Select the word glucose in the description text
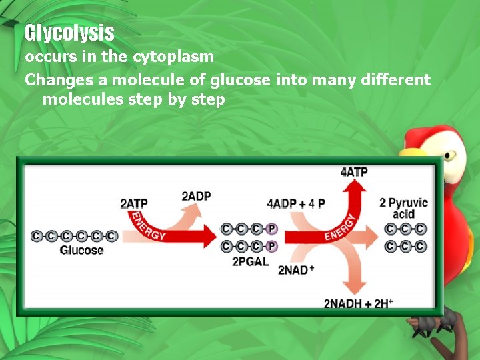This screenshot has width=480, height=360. (x=241, y=80)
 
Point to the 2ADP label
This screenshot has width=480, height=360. (x=196, y=196)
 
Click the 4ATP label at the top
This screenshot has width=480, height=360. (x=354, y=172)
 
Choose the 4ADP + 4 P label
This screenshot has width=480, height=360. (x=296, y=203)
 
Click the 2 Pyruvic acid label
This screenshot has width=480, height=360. (x=403, y=208)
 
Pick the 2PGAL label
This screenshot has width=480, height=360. (x=250, y=261)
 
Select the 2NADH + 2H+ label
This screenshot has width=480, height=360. (x=359, y=304)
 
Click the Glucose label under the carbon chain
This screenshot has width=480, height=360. (x=82, y=250)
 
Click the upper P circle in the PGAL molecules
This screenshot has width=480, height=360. (x=271, y=229)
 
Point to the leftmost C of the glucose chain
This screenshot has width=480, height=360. (x=36, y=236)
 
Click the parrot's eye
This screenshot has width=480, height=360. (x=449, y=156)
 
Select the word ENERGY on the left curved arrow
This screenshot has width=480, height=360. (x=148, y=227)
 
